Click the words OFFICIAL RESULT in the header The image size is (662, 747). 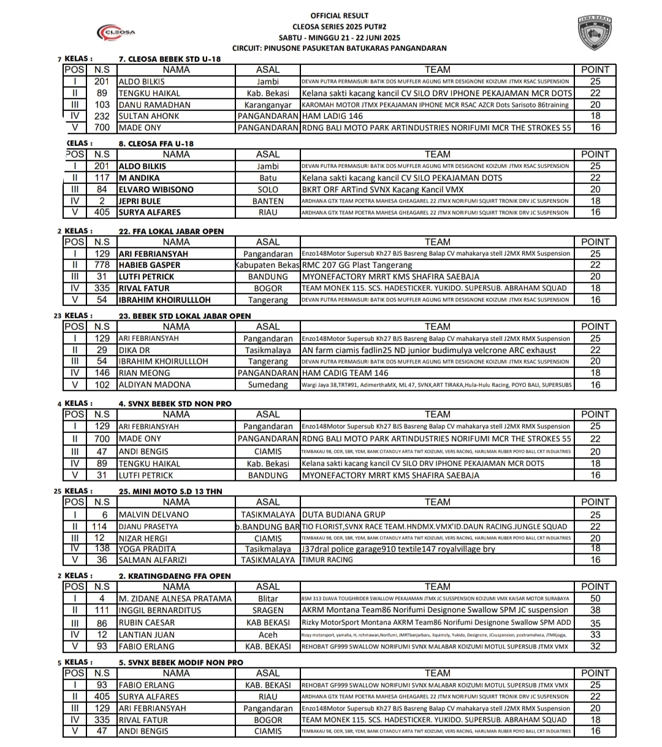click(x=340, y=15)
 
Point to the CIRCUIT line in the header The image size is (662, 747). click(x=340, y=48)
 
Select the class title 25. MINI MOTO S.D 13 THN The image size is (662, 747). click(x=170, y=491)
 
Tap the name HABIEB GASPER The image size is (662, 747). click(x=150, y=265)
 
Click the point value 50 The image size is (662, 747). click(x=595, y=599)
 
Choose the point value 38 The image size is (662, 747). click(x=595, y=610)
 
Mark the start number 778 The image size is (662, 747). click(x=102, y=265)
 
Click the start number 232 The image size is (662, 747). click(x=102, y=116)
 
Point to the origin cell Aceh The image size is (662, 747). click(x=267, y=635)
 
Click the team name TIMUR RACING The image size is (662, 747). click(x=327, y=560)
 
